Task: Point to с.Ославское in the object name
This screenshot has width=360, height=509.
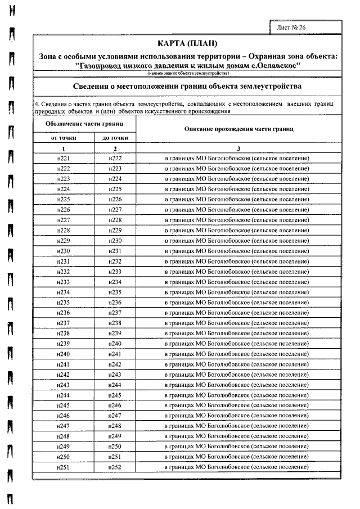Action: pyautogui.click(x=279, y=65)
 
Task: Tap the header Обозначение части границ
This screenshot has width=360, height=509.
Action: pyautogui.click(x=84, y=123)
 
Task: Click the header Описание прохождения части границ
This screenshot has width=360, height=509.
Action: pyautogui.click(x=239, y=129)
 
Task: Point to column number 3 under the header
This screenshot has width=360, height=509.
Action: pyautogui.click(x=239, y=148)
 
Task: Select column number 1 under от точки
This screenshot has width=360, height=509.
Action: pyautogui.click(x=64, y=148)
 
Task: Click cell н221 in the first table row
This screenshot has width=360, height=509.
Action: pyautogui.click(x=64, y=159)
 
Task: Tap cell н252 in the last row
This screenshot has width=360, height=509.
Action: pyautogui.click(x=115, y=467)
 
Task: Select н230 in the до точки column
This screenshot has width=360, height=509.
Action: pyautogui.click(x=115, y=241)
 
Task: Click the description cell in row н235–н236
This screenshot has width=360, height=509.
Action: pyautogui.click(x=239, y=303)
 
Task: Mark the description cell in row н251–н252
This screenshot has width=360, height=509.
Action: pyautogui.click(x=239, y=467)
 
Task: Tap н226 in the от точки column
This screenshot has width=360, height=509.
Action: pyautogui.click(x=64, y=210)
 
